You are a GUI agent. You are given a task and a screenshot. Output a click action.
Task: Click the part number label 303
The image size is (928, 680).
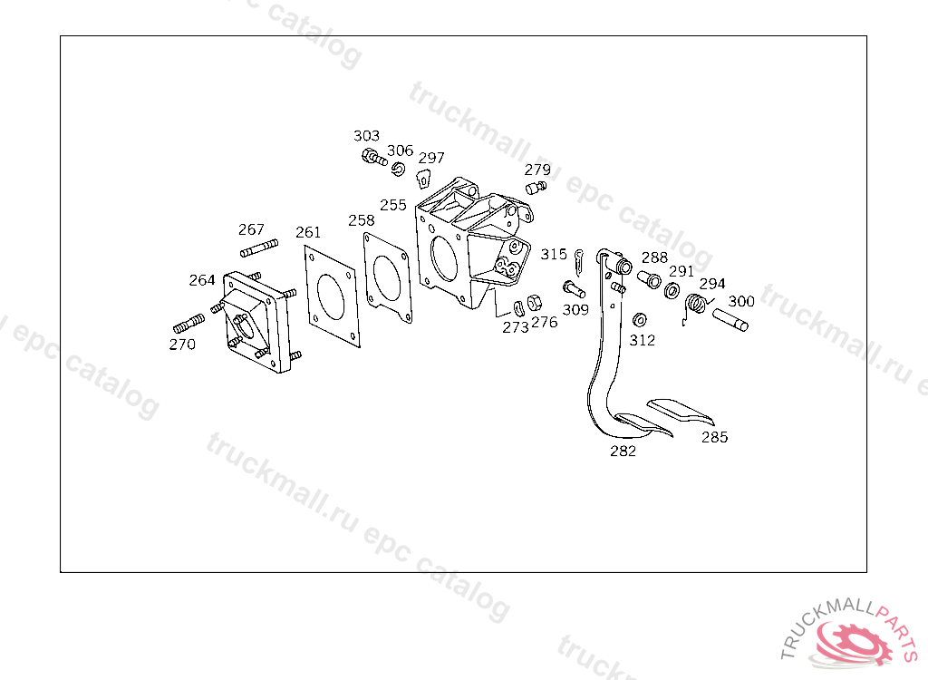[366, 136]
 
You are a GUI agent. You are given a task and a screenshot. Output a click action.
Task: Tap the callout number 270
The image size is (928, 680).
[182, 345]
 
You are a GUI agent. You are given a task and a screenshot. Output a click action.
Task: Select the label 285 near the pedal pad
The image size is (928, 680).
[714, 437]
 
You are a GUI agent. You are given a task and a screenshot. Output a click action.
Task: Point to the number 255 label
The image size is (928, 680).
[393, 205]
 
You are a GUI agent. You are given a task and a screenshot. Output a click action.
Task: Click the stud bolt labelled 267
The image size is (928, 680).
[258, 248]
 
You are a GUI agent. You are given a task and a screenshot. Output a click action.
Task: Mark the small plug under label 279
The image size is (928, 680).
[536, 188]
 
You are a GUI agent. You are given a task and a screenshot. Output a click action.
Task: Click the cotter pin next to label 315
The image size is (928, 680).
[578, 262]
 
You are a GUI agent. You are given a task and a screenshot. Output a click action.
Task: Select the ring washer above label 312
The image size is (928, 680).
[639, 320]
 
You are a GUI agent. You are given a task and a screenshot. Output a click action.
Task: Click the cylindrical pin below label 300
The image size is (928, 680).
[730, 318]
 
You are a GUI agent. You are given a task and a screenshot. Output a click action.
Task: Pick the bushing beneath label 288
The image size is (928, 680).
[651, 278]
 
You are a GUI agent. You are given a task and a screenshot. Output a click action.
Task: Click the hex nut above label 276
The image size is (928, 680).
[535, 302]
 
